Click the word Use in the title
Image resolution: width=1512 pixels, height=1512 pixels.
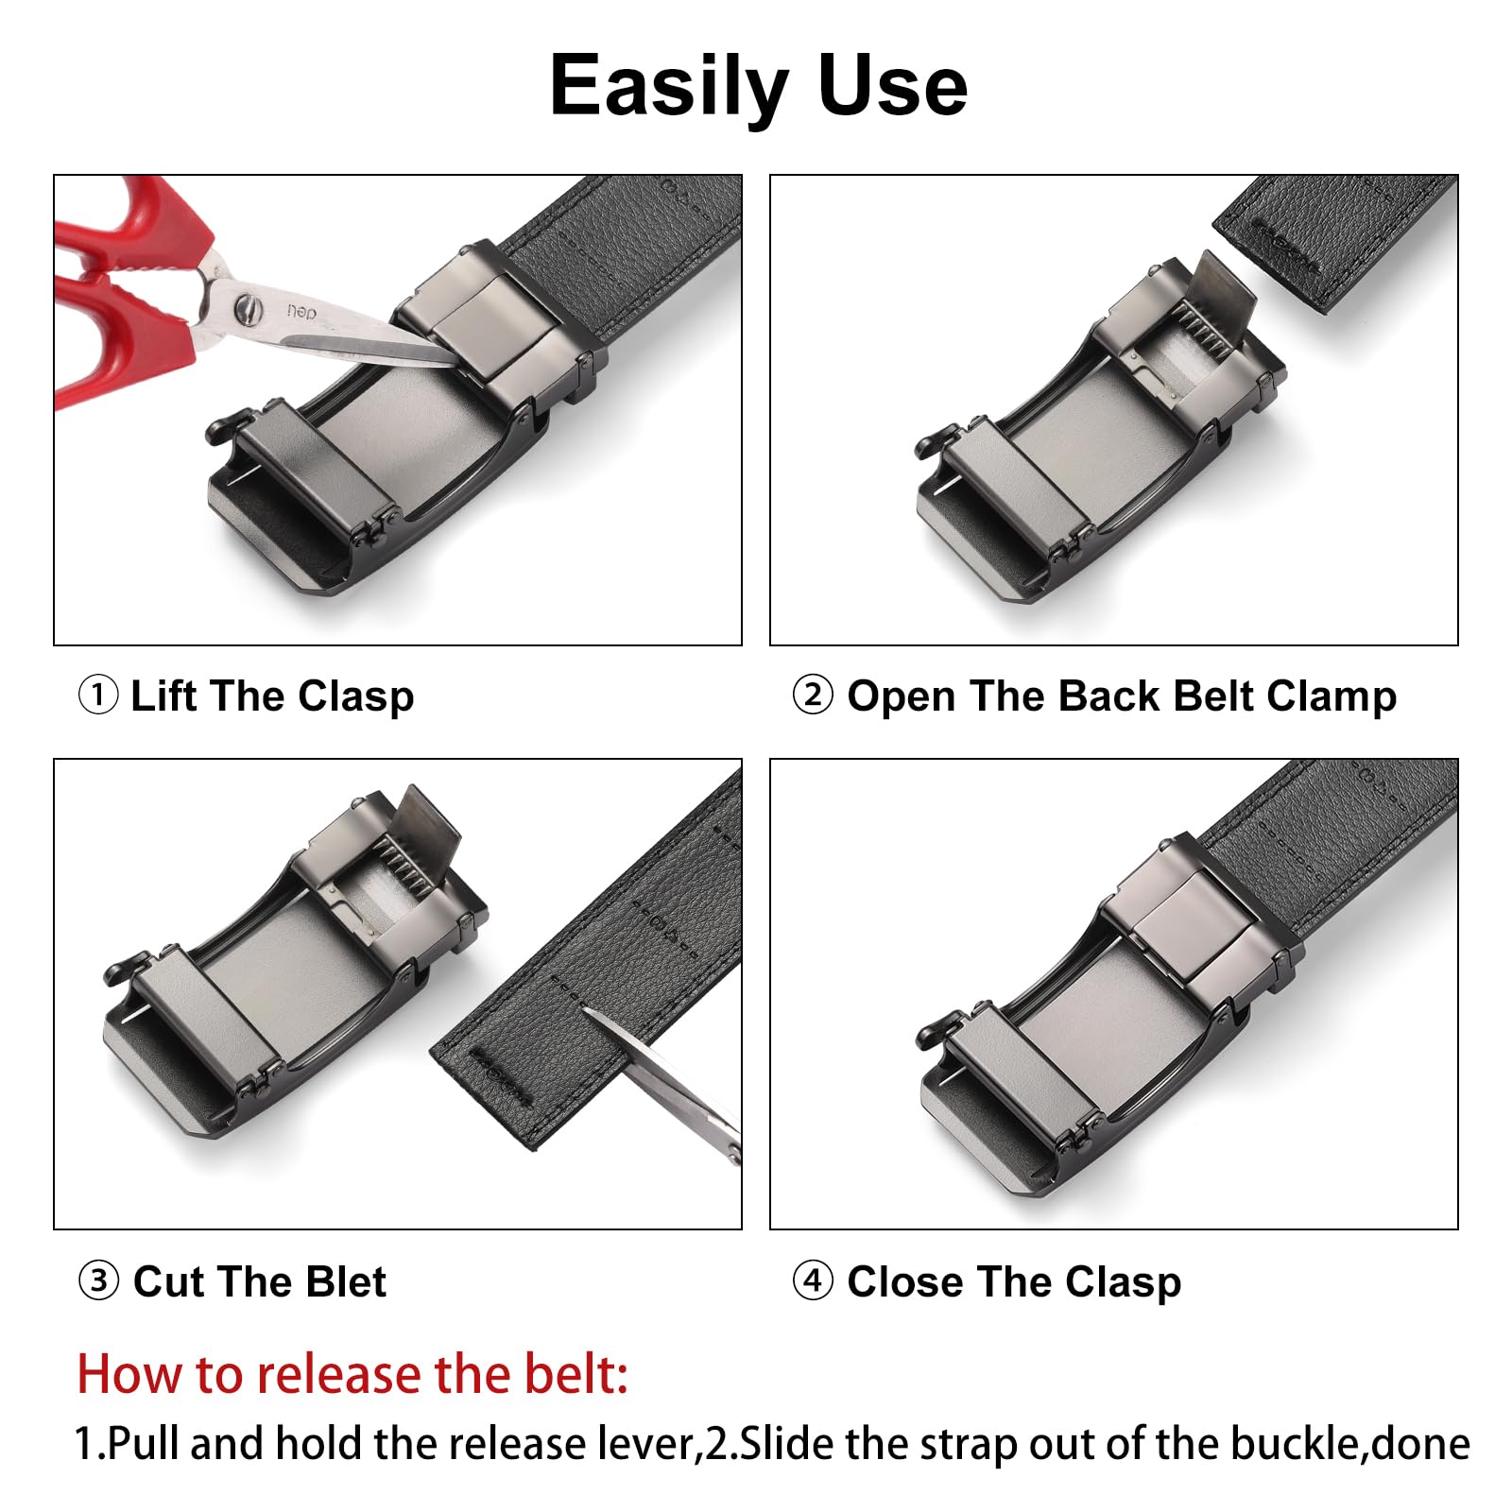click(x=893, y=86)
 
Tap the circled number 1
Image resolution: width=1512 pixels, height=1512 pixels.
click(x=97, y=696)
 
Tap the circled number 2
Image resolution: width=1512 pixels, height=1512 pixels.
click(x=813, y=696)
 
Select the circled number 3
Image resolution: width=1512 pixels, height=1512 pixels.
click(x=98, y=1281)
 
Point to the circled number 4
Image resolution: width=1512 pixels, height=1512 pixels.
click(x=813, y=1281)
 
